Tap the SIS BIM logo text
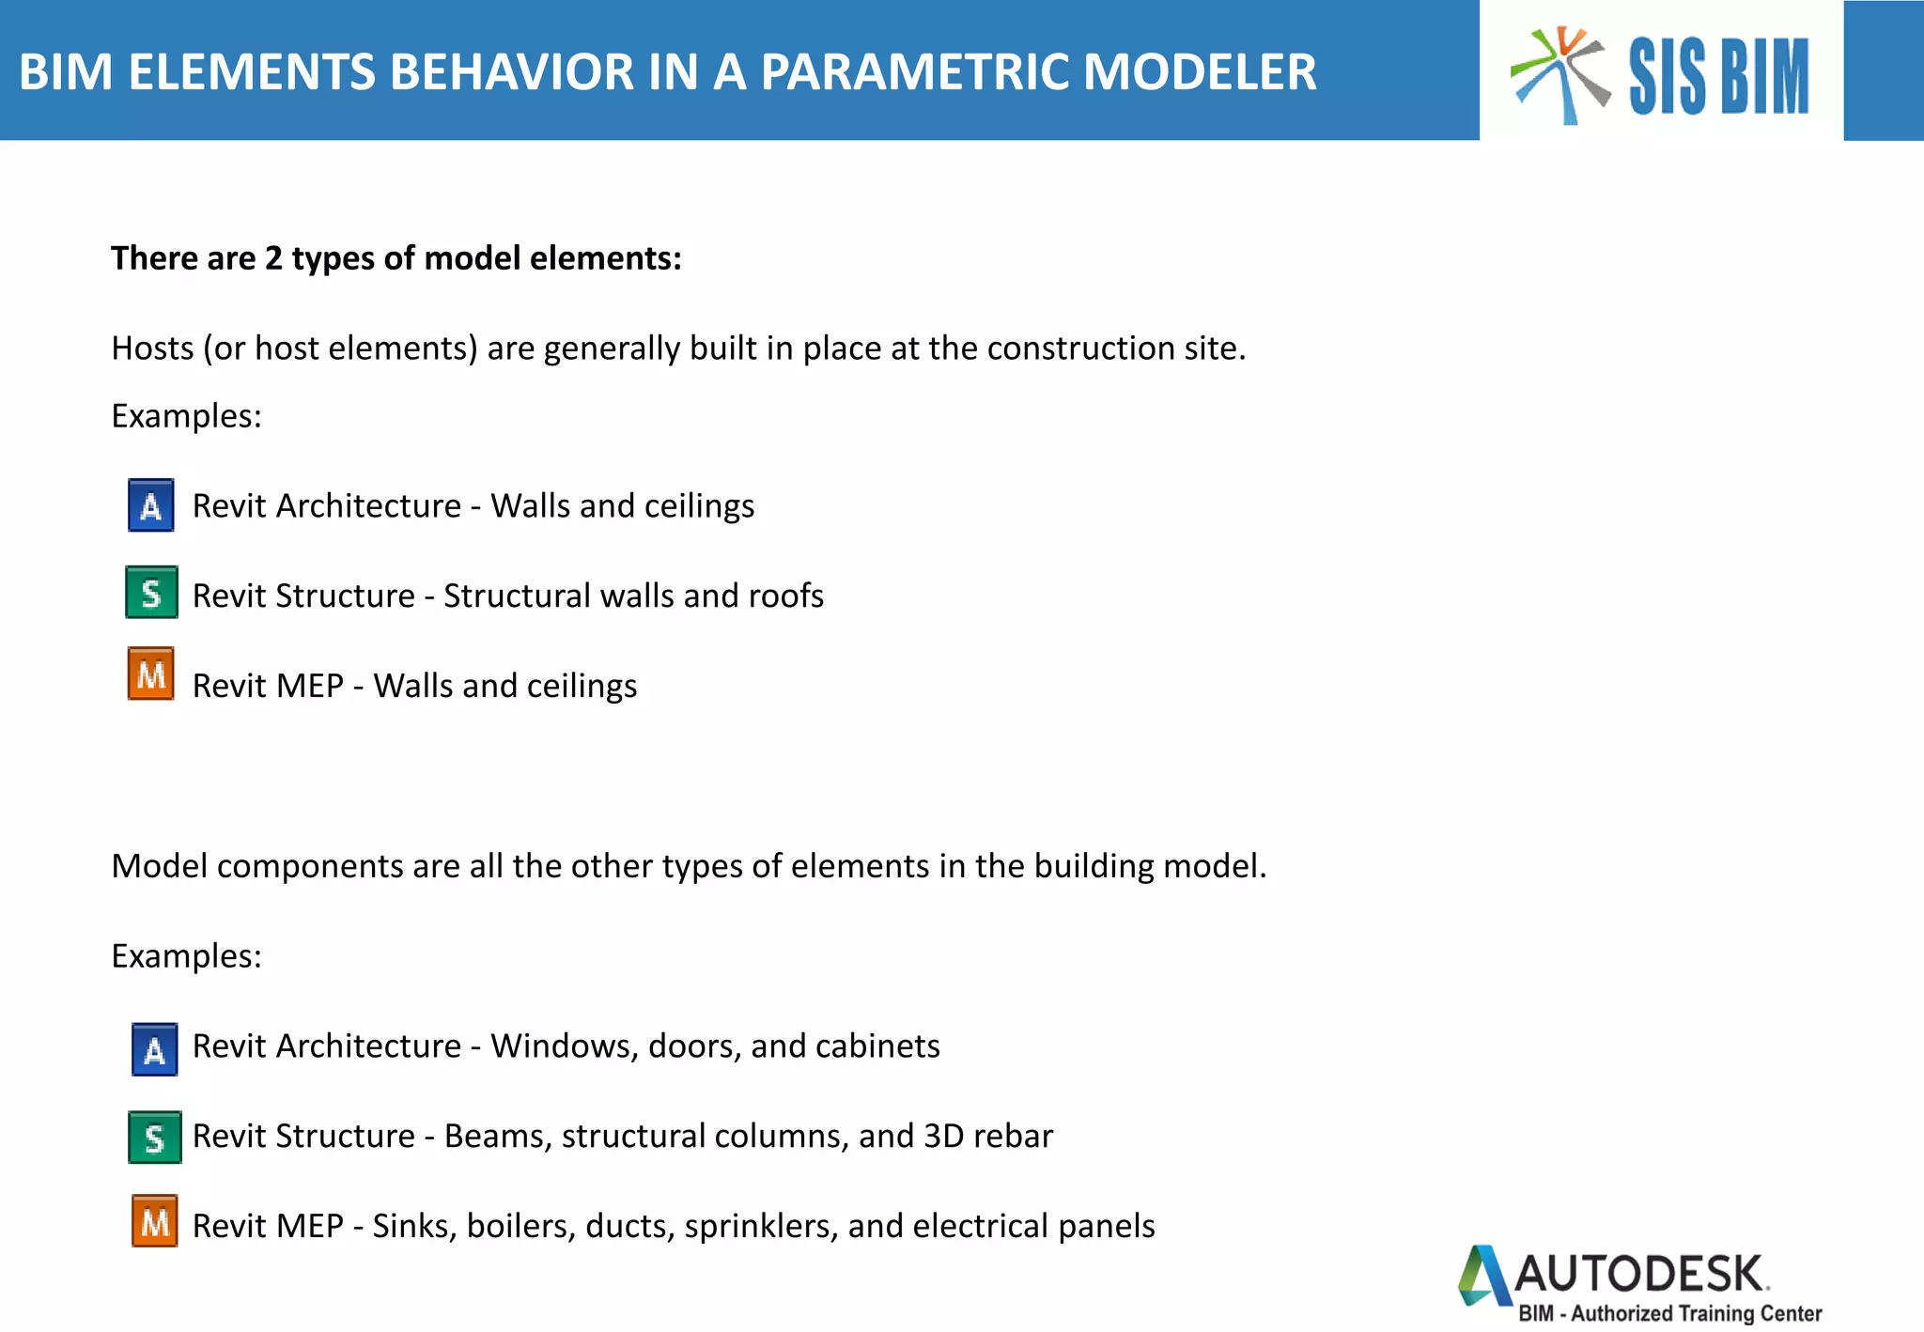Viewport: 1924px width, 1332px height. coord(1718,77)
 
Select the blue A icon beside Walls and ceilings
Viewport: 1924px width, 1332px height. coord(150,505)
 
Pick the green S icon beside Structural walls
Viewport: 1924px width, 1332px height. coord(151,592)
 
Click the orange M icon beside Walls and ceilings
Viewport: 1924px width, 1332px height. coord(151,674)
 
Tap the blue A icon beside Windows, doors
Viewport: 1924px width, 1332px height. coord(155,1049)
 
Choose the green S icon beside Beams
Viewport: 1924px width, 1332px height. coord(155,1138)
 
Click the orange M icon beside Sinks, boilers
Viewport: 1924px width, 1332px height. coord(155,1221)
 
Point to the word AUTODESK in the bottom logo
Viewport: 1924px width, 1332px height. coord(1639,1275)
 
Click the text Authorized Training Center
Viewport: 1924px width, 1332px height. coord(1697,1313)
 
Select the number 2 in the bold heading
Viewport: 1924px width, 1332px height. coord(272,258)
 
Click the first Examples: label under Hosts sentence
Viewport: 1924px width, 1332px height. coord(186,416)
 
